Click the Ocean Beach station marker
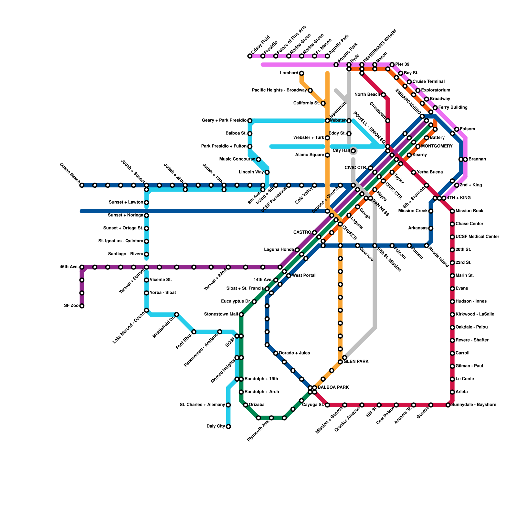click(x=82, y=185)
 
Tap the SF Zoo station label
click(x=71, y=306)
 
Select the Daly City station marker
click(x=228, y=427)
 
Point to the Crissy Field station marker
click(x=250, y=56)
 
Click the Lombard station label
click(x=289, y=73)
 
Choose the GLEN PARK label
click(x=356, y=362)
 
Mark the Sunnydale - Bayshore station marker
click(x=448, y=405)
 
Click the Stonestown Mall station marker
click(x=241, y=314)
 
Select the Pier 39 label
click(x=402, y=64)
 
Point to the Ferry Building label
click(x=453, y=107)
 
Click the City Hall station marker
click(x=353, y=151)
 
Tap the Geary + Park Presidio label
click(x=224, y=121)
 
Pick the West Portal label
click(x=304, y=276)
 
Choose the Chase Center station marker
click(x=452, y=224)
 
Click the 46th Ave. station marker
click(x=82, y=267)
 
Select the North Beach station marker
click(x=383, y=95)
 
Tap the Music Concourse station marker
click(x=258, y=159)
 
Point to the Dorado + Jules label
click(x=294, y=353)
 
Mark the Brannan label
click(x=477, y=159)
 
